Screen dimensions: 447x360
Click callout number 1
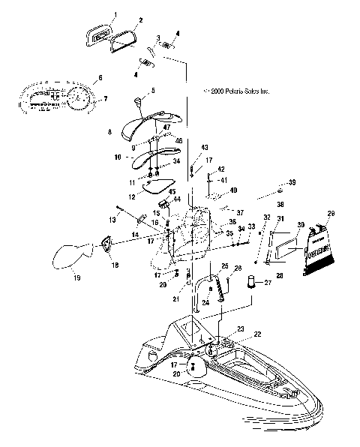coord(116,15)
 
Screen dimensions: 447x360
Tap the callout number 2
coord(140,20)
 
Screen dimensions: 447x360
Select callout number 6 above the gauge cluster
coord(100,78)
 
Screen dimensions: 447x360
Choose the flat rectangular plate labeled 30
coord(286,248)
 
